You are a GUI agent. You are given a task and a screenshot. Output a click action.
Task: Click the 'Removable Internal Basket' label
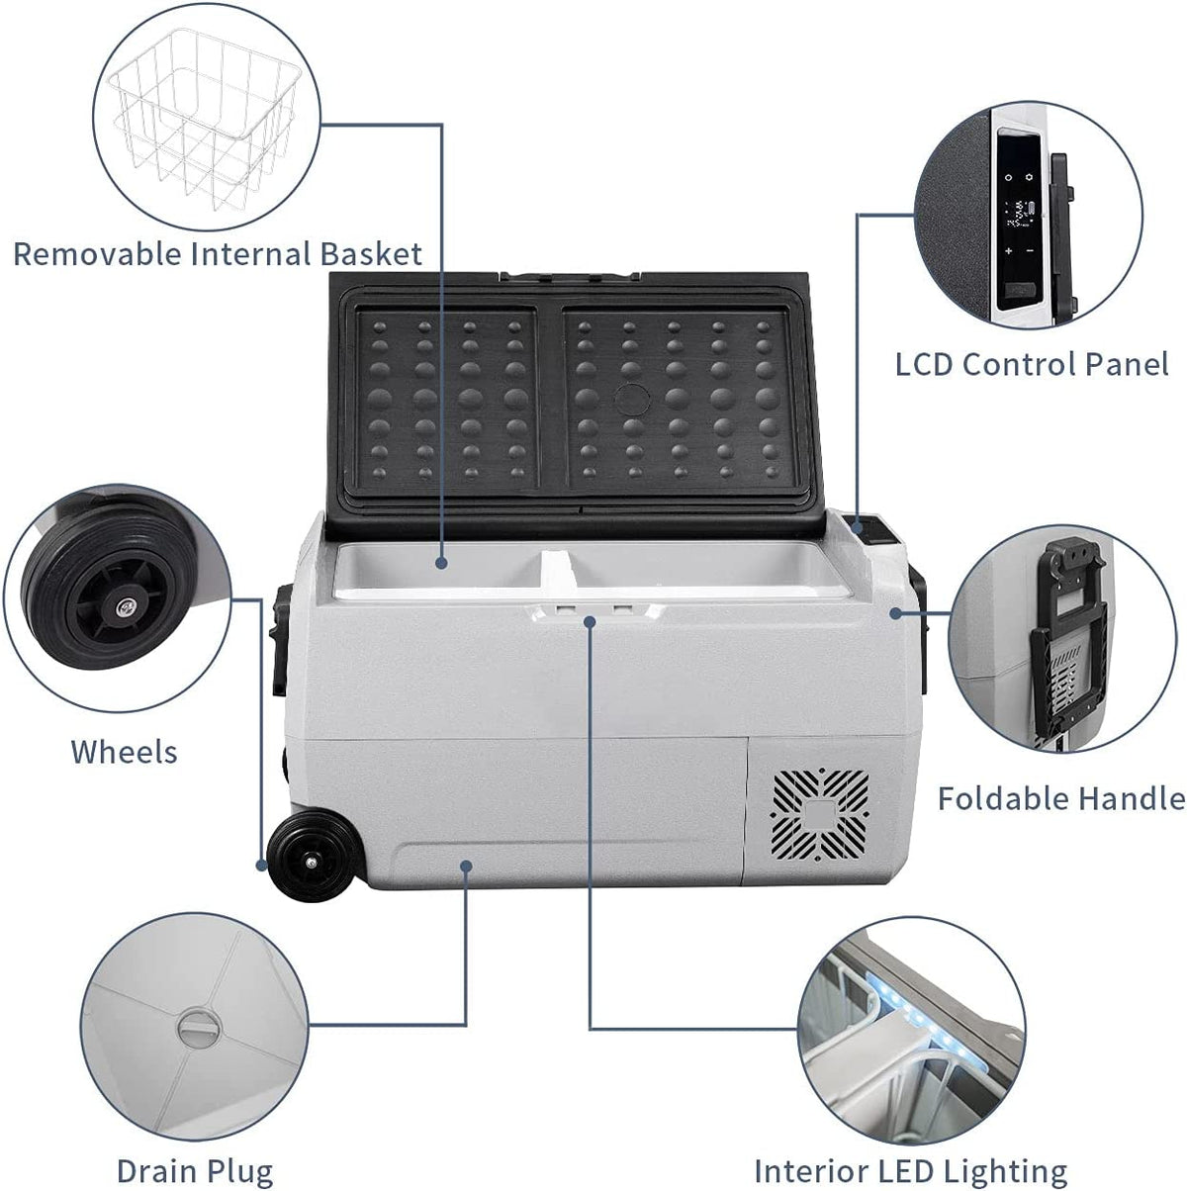(218, 254)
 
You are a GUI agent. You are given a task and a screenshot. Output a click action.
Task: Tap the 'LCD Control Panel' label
(1032, 364)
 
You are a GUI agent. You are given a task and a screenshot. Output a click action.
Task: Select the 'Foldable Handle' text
(1061, 797)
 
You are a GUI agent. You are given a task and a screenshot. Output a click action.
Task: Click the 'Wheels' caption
(125, 752)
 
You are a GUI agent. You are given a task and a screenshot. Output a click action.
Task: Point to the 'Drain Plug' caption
(195, 1171)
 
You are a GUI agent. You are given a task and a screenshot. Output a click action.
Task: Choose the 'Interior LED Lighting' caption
(910, 1171)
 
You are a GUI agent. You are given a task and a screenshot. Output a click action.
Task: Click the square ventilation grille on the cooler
(820, 813)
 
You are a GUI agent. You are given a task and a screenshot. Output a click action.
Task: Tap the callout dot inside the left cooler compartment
(441, 562)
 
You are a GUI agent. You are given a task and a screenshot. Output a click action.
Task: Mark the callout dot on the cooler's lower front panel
(466, 866)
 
